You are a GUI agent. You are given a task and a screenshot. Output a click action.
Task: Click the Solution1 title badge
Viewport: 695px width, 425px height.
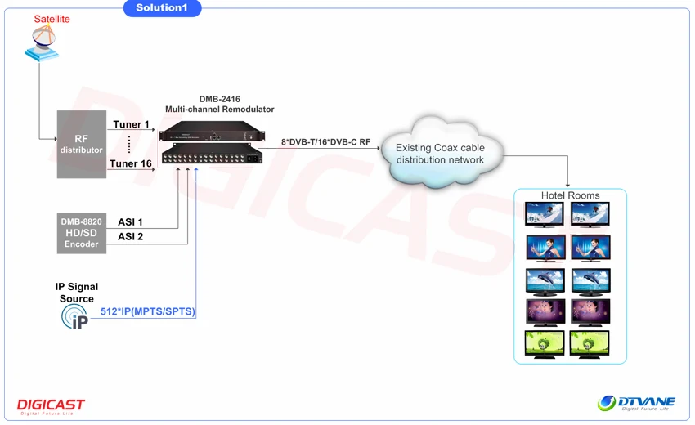(162, 8)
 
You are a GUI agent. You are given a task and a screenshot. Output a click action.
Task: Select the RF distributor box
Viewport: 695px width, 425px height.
(82, 145)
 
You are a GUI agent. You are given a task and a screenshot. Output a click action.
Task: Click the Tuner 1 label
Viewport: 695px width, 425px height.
(132, 125)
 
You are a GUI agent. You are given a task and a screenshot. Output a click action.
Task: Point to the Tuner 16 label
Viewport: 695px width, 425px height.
(132, 164)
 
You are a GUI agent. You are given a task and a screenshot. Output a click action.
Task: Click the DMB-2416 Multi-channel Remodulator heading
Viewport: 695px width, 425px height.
(219, 104)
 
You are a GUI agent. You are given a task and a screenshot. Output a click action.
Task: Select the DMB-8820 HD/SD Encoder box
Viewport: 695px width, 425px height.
(81, 232)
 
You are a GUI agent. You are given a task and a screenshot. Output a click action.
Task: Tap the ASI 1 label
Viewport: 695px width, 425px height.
(130, 222)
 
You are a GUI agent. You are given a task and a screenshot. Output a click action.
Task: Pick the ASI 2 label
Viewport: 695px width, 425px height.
(130, 237)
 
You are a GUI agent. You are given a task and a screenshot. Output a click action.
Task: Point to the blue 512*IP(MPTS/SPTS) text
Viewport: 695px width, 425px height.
(148, 312)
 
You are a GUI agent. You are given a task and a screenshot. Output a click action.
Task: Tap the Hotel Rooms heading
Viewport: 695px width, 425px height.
(570, 195)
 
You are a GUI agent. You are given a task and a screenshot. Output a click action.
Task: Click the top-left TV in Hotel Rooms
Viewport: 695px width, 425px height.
(545, 214)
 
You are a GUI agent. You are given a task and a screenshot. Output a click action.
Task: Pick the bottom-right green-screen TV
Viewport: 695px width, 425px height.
(590, 343)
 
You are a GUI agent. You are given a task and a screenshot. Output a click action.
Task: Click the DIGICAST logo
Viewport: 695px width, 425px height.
(51, 406)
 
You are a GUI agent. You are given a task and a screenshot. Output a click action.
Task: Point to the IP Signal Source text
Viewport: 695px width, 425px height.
(77, 293)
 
